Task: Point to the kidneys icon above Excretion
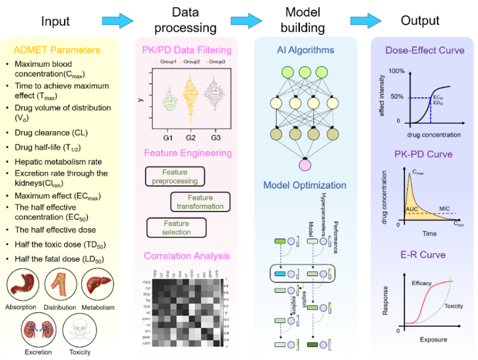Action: tap(38, 332)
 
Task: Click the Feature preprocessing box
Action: tap(175, 177)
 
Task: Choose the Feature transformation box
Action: tap(200, 202)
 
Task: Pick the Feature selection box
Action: tap(176, 228)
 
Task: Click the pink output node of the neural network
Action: tap(304, 164)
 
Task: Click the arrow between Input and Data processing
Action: tap(117, 21)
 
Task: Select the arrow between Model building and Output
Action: tap(366, 21)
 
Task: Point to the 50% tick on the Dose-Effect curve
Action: tap(396, 97)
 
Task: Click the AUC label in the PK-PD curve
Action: tap(412, 209)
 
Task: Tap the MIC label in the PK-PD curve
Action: tap(444, 208)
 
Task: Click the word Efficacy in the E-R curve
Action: tap(422, 283)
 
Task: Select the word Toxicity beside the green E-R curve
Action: tap(454, 306)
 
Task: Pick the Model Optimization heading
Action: tap(304, 185)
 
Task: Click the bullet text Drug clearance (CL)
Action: tap(51, 133)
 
